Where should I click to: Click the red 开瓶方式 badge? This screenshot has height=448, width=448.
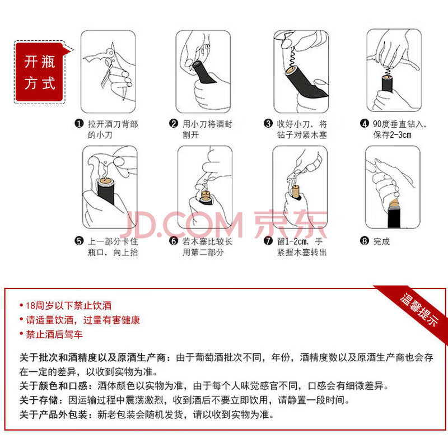[x=39, y=72]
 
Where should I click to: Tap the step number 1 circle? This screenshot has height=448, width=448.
[x=79, y=124]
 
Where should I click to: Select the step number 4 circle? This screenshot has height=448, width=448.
[x=364, y=124]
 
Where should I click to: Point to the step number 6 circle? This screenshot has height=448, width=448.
[x=174, y=241]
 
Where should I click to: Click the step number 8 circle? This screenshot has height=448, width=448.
[x=364, y=241]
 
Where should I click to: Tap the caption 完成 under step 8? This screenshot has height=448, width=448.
[x=381, y=241]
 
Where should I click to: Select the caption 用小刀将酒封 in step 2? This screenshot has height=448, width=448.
[x=207, y=124]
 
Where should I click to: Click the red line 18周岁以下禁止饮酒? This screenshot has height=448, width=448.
[x=68, y=306]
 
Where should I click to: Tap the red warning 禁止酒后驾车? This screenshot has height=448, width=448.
[x=54, y=334]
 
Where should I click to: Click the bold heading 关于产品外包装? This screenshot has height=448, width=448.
[x=53, y=414]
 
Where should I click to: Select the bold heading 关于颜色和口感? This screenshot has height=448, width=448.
[x=53, y=386]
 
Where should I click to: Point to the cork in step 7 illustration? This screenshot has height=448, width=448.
[x=296, y=191]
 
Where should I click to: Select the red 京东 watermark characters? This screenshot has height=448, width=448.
[x=291, y=225]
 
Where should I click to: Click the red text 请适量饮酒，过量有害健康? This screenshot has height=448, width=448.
[x=83, y=320]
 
